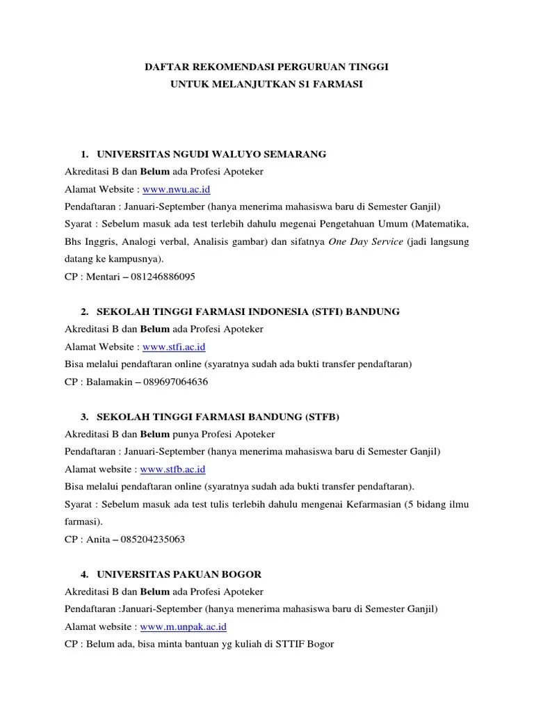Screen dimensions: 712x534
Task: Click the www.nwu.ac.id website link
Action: (x=176, y=189)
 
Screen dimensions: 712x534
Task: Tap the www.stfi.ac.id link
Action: (x=172, y=346)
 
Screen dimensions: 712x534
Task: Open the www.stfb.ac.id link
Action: (x=172, y=469)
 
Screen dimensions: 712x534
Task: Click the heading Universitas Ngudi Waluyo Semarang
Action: (x=211, y=154)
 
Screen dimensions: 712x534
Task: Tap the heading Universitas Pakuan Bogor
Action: (x=180, y=574)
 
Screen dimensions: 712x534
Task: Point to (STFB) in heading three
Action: (x=321, y=416)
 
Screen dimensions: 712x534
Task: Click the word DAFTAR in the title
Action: (x=166, y=67)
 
